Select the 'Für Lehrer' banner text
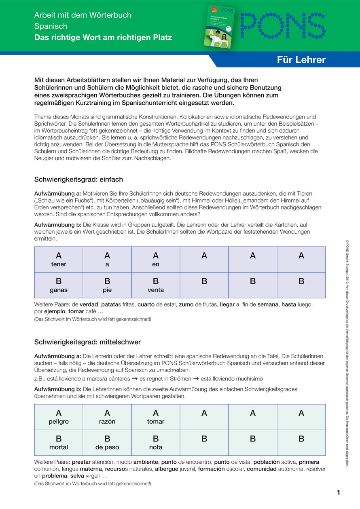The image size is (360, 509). [301, 60]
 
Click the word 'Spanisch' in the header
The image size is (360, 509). [51, 26]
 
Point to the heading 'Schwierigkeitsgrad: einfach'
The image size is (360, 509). [78, 179]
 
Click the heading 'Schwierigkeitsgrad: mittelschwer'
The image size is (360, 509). [87, 342]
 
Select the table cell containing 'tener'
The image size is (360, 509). [59, 260]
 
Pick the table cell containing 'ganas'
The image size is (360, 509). [59, 285]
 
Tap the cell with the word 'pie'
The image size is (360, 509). [107, 285]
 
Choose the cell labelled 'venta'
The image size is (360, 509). [156, 285]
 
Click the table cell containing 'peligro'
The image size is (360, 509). [59, 417]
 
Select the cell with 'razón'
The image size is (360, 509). [107, 417]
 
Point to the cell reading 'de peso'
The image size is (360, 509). [107, 443]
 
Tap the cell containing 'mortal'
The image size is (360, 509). [59, 443]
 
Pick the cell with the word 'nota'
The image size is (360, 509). [156, 443]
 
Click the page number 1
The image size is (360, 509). [338, 492]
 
